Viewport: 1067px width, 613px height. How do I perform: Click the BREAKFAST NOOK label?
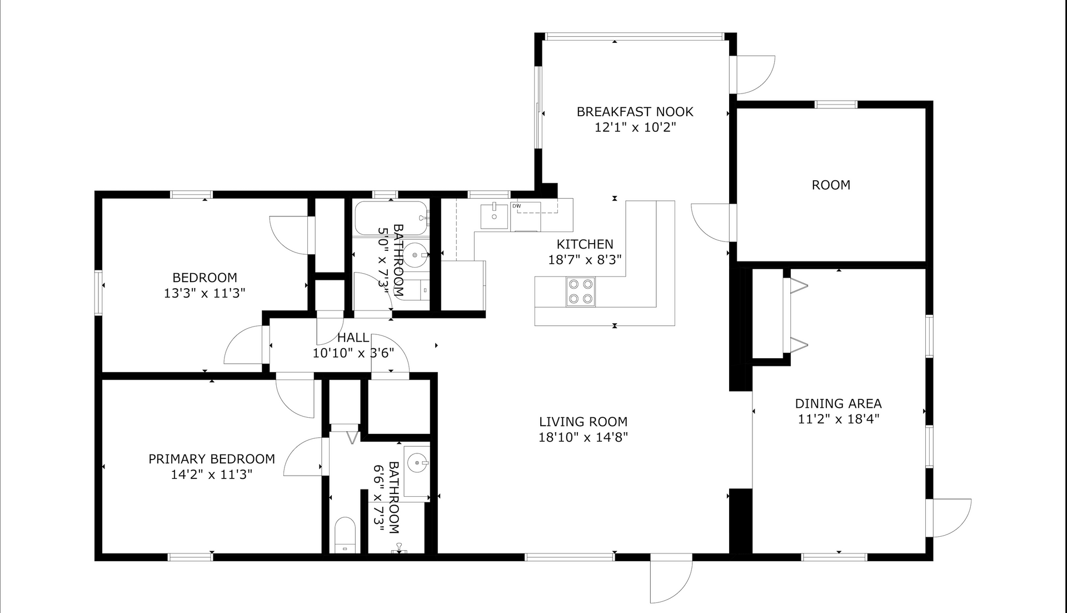click(635, 112)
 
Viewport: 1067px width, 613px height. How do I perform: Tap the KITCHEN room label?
click(585, 244)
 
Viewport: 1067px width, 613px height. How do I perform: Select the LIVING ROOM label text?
click(583, 422)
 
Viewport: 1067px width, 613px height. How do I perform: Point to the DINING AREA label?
click(838, 404)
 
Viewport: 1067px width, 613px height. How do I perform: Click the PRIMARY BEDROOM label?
click(211, 459)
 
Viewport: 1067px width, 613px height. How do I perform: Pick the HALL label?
click(353, 338)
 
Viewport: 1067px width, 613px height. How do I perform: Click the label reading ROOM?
click(831, 185)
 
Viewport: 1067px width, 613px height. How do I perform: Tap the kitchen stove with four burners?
click(580, 291)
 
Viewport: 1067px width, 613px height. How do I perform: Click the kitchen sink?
click(494, 216)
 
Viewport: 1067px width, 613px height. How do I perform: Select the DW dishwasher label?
click(517, 206)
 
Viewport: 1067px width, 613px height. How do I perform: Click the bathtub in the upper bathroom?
click(392, 218)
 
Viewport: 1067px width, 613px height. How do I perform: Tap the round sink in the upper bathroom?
click(415, 255)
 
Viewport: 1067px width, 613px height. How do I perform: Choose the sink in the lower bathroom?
click(417, 463)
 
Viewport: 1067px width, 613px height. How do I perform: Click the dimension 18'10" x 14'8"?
click(583, 437)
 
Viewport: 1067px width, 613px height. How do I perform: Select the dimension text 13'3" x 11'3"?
click(205, 293)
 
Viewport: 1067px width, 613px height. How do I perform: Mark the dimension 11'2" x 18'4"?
click(838, 419)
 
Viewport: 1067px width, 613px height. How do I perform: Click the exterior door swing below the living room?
click(671, 579)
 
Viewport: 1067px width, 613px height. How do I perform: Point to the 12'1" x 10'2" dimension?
click(635, 127)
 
